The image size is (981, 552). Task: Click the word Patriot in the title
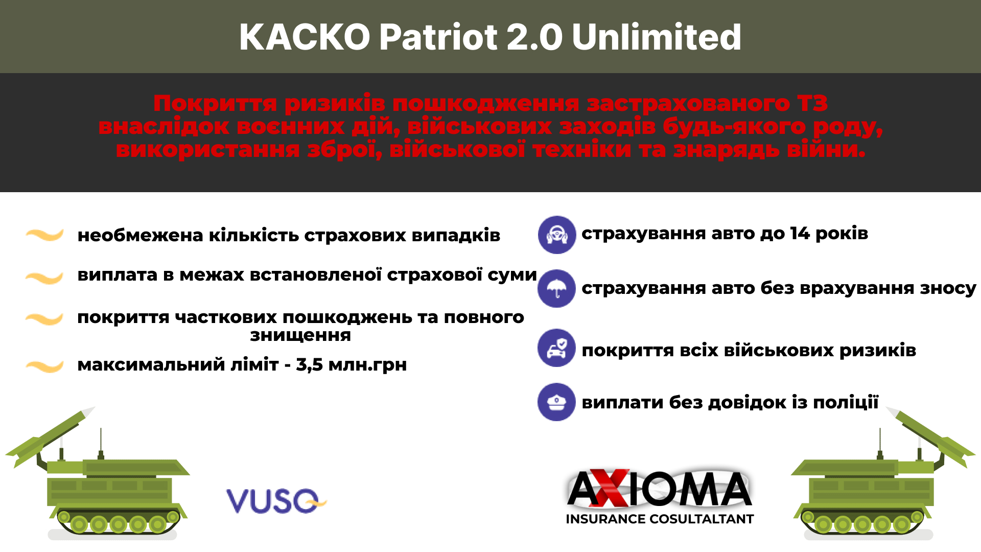[x=438, y=37]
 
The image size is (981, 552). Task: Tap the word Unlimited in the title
[x=657, y=37]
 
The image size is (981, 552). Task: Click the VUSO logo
[x=276, y=500]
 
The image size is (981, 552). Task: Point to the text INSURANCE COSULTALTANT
[x=660, y=519]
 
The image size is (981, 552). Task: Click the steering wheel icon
[x=557, y=235]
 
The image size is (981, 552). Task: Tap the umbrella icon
[x=557, y=289]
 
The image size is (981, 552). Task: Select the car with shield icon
[x=557, y=348]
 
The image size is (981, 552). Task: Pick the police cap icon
[x=557, y=402]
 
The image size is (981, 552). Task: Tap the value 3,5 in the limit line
[x=310, y=365]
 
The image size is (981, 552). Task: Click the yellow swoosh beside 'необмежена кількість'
[x=45, y=235]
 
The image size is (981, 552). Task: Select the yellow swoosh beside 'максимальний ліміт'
[x=45, y=366]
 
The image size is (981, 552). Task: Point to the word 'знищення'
[x=300, y=336]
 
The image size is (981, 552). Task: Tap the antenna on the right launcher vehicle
[x=880, y=443]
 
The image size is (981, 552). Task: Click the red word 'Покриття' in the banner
[x=215, y=104]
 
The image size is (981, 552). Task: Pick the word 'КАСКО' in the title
[x=305, y=37]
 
